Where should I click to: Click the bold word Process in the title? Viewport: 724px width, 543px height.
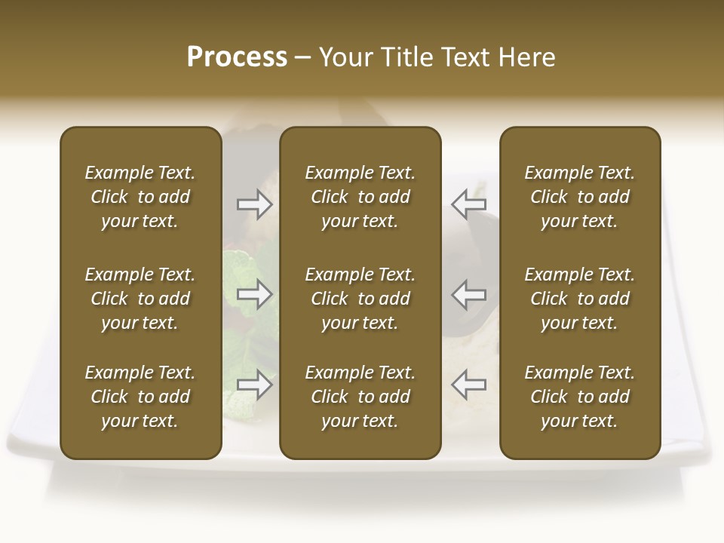(x=237, y=57)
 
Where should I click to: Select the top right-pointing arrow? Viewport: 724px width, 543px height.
(x=255, y=204)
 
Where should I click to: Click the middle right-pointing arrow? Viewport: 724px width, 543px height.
(x=255, y=294)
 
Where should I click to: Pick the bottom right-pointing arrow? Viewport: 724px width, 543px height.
(x=255, y=385)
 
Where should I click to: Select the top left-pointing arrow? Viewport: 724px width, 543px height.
(x=469, y=204)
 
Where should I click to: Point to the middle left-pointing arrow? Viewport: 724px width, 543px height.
(x=469, y=294)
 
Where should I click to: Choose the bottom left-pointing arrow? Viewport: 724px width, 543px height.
(x=469, y=385)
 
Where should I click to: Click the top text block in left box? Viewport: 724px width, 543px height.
(x=140, y=197)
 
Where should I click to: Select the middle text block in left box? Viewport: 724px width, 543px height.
(x=140, y=299)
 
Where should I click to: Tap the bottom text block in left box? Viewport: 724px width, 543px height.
(x=140, y=397)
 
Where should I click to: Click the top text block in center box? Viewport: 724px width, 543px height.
(x=360, y=197)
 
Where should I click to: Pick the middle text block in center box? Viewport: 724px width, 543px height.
(x=360, y=299)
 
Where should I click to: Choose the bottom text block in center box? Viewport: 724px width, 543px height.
(x=360, y=397)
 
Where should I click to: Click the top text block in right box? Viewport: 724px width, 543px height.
(x=579, y=197)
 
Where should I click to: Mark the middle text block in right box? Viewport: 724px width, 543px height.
(x=579, y=299)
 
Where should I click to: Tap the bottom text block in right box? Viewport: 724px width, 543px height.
(x=579, y=397)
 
